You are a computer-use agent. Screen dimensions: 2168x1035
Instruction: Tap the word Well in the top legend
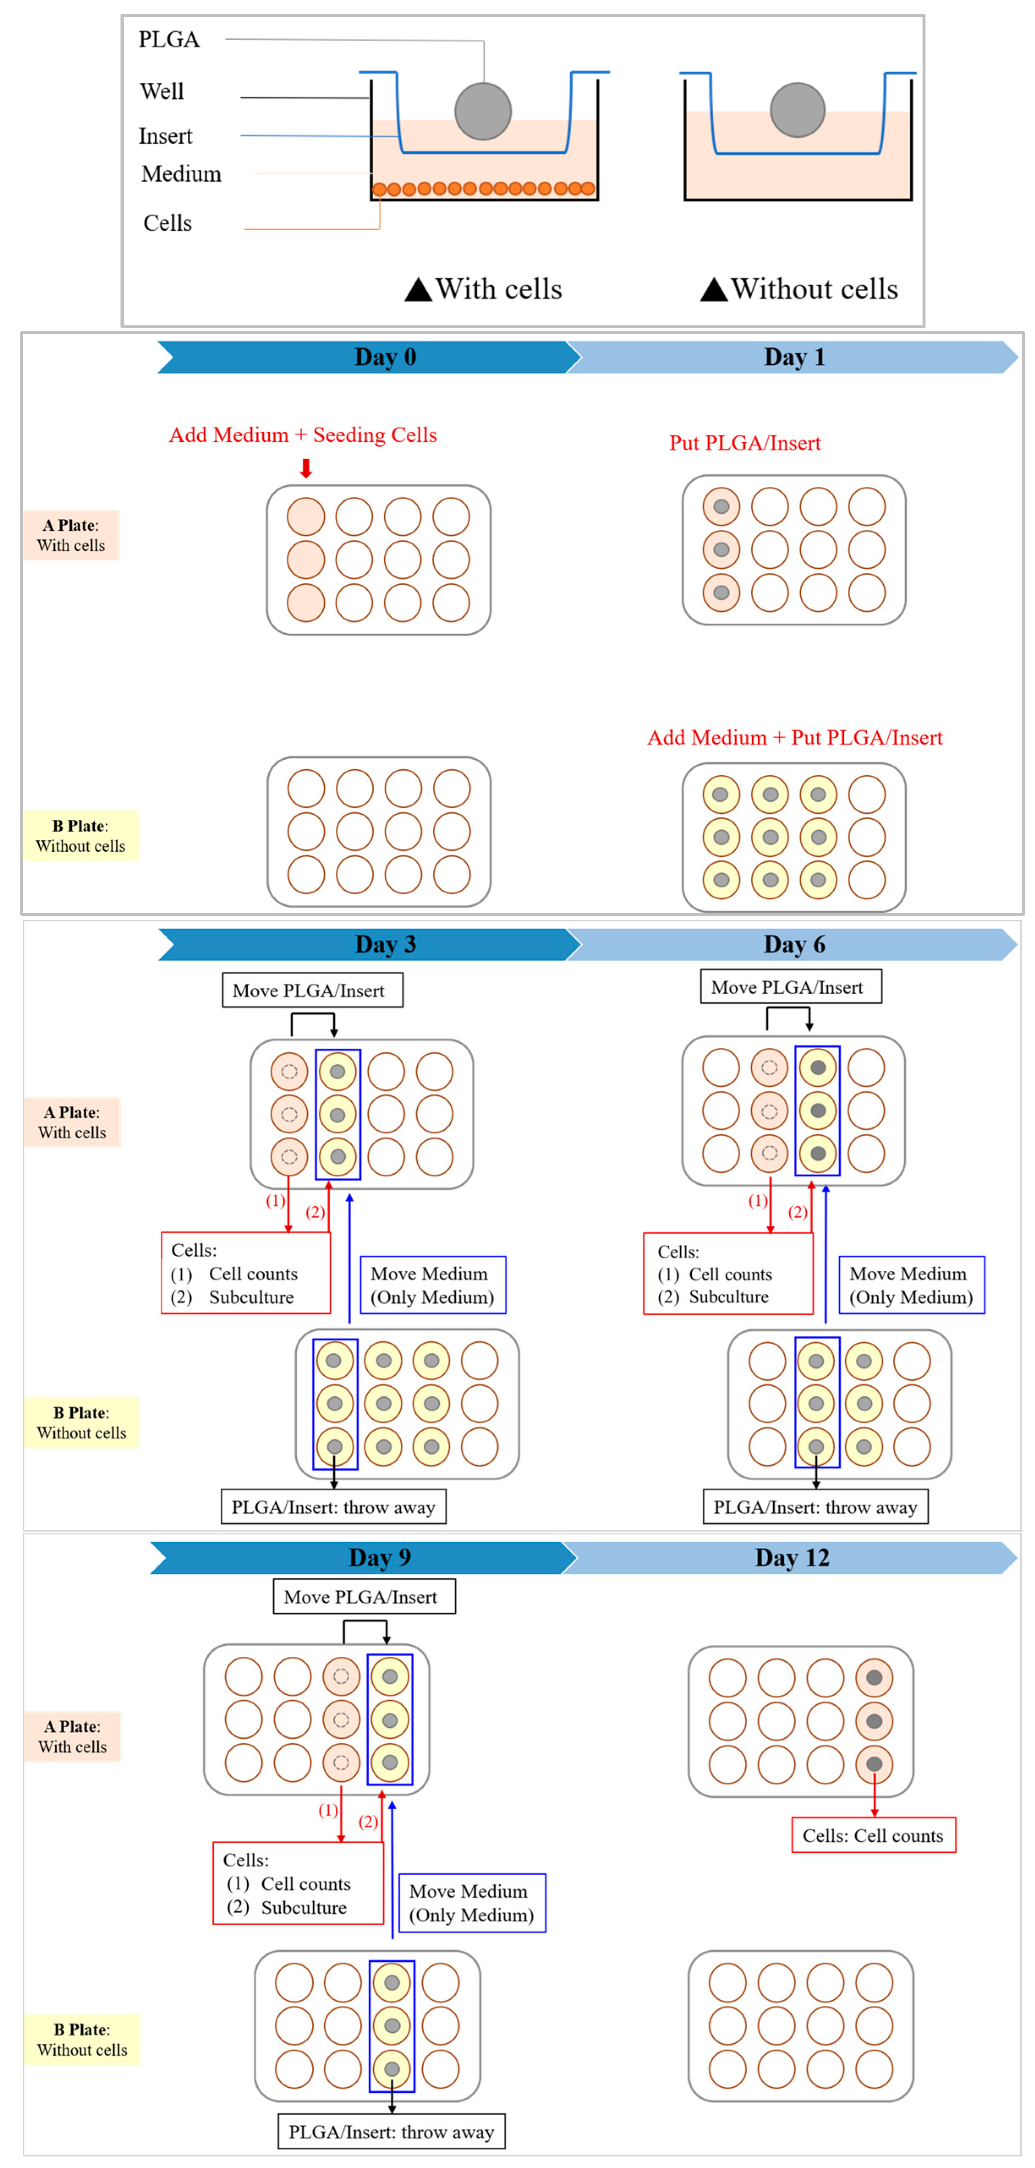[x=162, y=91]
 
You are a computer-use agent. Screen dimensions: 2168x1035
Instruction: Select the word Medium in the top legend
[x=181, y=173]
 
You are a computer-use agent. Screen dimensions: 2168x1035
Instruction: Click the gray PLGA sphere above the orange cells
[x=482, y=111]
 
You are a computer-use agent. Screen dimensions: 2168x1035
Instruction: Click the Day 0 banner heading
[x=385, y=357]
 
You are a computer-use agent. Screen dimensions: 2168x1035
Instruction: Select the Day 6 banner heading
[x=793, y=944]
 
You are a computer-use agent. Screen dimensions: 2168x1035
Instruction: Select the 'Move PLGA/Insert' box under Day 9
[x=364, y=1597]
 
